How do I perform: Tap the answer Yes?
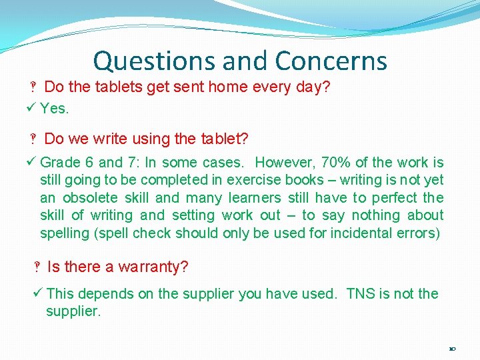(55, 108)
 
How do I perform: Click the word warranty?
(153, 267)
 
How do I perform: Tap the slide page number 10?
(453, 349)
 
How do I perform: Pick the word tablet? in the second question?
(224, 139)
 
